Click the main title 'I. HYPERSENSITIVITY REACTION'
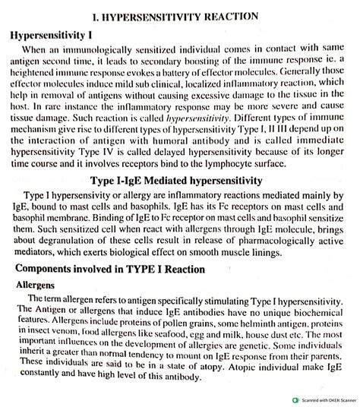coord(181,15)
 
